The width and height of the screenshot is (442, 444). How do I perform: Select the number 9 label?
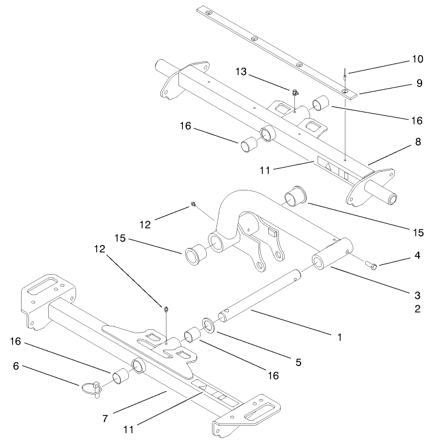coord(419,83)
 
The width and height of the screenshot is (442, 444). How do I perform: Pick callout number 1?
coord(339,337)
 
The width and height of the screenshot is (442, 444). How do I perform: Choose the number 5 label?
coord(297,361)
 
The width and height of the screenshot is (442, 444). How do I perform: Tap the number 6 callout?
coord(16,367)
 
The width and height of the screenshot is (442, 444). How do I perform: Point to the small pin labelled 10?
coord(344,74)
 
